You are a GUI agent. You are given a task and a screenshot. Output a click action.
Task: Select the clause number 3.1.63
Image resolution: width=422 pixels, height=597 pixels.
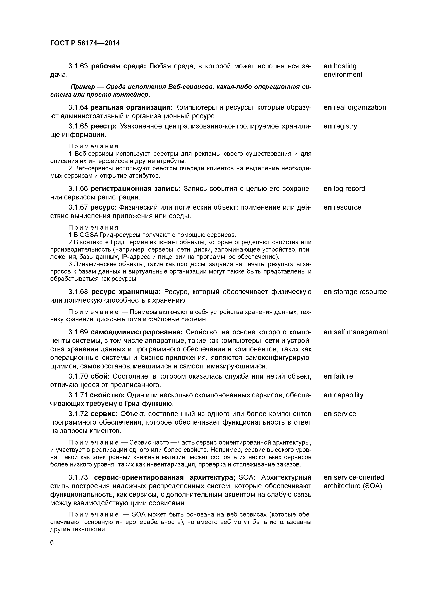[x=78, y=66]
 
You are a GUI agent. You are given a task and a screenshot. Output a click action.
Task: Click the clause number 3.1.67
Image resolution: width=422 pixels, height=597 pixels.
[x=78, y=207]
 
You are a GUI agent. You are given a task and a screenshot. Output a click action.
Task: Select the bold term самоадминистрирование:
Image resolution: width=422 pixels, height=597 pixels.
[x=137, y=332]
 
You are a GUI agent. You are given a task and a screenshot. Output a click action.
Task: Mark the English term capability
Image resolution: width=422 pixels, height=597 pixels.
[x=348, y=395]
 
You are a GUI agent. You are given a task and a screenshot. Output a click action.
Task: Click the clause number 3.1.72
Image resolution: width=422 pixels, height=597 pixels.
[x=78, y=414]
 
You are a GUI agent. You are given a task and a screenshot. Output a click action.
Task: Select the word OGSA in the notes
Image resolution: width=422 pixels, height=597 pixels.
[x=89, y=235]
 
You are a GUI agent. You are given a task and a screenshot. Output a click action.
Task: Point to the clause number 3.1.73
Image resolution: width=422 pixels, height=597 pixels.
[x=78, y=478]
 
